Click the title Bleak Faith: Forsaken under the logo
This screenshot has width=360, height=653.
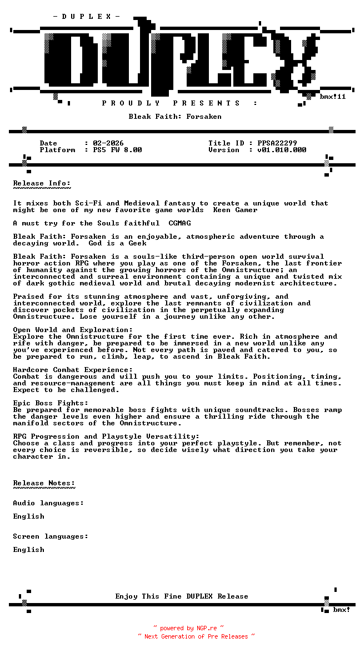[175, 117]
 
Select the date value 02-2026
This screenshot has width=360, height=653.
[108, 143]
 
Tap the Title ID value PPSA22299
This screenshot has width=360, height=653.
[277, 143]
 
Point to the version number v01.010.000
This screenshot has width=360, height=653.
[282, 150]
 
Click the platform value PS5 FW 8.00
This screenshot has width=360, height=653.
[117, 150]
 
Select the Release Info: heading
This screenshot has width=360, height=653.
[42, 183]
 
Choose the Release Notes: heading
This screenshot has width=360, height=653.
[44, 483]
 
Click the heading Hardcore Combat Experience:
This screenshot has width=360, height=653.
[73, 370]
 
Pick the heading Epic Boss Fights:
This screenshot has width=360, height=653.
[51, 403]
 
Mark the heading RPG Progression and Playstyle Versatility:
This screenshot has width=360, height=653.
[106, 436]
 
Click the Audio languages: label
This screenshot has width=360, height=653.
[48, 503]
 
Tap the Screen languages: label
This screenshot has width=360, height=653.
[51, 536]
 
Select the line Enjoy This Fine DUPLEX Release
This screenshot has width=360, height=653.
[182, 596]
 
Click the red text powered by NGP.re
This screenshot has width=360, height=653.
[188, 628]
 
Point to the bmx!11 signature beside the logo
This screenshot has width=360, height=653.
[333, 97]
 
